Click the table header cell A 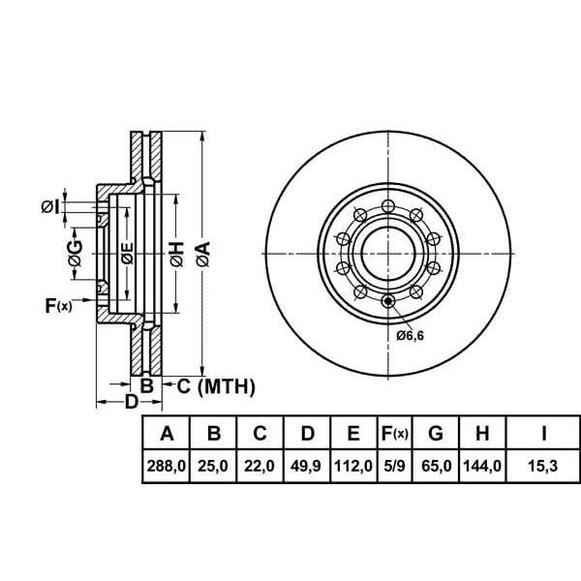166,432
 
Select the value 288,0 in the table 166,466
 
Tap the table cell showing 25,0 213,466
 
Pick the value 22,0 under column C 260,466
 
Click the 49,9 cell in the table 307,466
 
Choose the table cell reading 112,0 353,466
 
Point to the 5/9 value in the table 394,466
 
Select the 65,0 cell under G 437,466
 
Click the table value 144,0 483,466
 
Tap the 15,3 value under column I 543,466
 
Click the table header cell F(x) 394,432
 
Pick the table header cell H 483,432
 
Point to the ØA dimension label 201,254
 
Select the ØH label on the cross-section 175,254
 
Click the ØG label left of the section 75,254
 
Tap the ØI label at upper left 50,206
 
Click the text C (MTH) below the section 215,387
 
